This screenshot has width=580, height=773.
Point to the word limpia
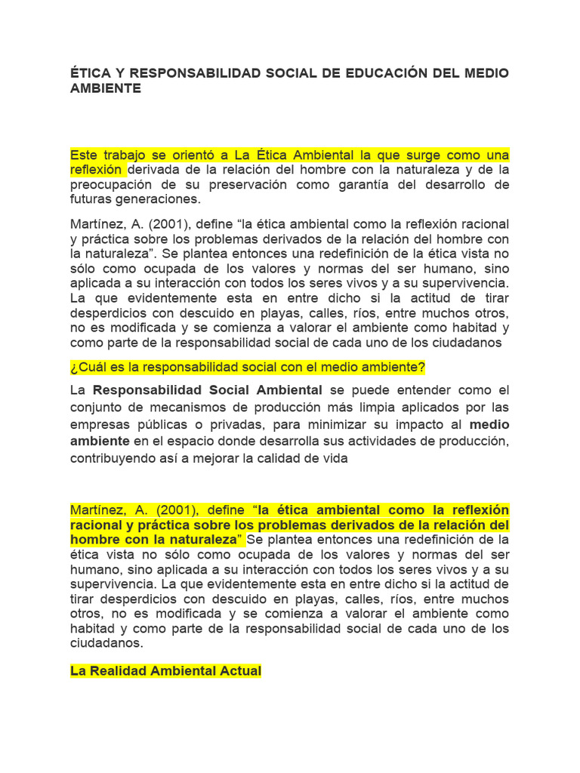(382, 408)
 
